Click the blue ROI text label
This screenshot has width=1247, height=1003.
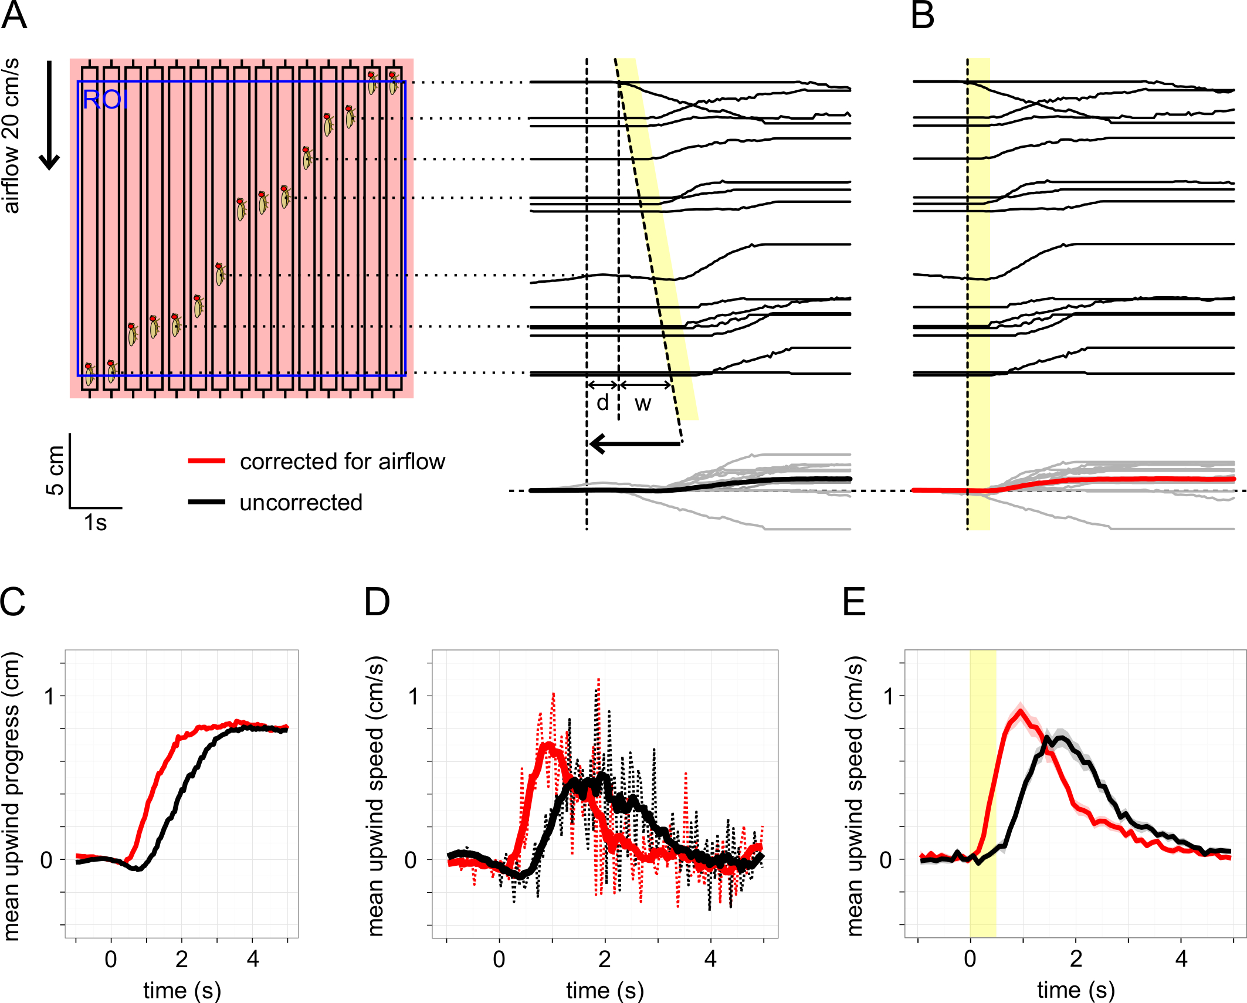(x=105, y=100)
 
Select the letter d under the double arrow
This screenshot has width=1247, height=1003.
(x=602, y=402)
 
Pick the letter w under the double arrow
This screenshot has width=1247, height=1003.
(x=643, y=404)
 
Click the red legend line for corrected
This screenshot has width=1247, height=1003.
(x=206, y=461)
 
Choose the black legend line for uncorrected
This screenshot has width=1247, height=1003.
(x=206, y=502)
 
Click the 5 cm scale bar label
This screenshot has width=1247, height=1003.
(x=55, y=470)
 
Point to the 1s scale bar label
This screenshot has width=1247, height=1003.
(x=95, y=523)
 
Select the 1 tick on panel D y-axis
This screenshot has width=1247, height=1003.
(x=414, y=696)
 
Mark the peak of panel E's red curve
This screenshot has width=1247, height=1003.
(x=1021, y=711)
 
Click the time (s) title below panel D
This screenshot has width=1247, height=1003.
(x=605, y=990)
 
